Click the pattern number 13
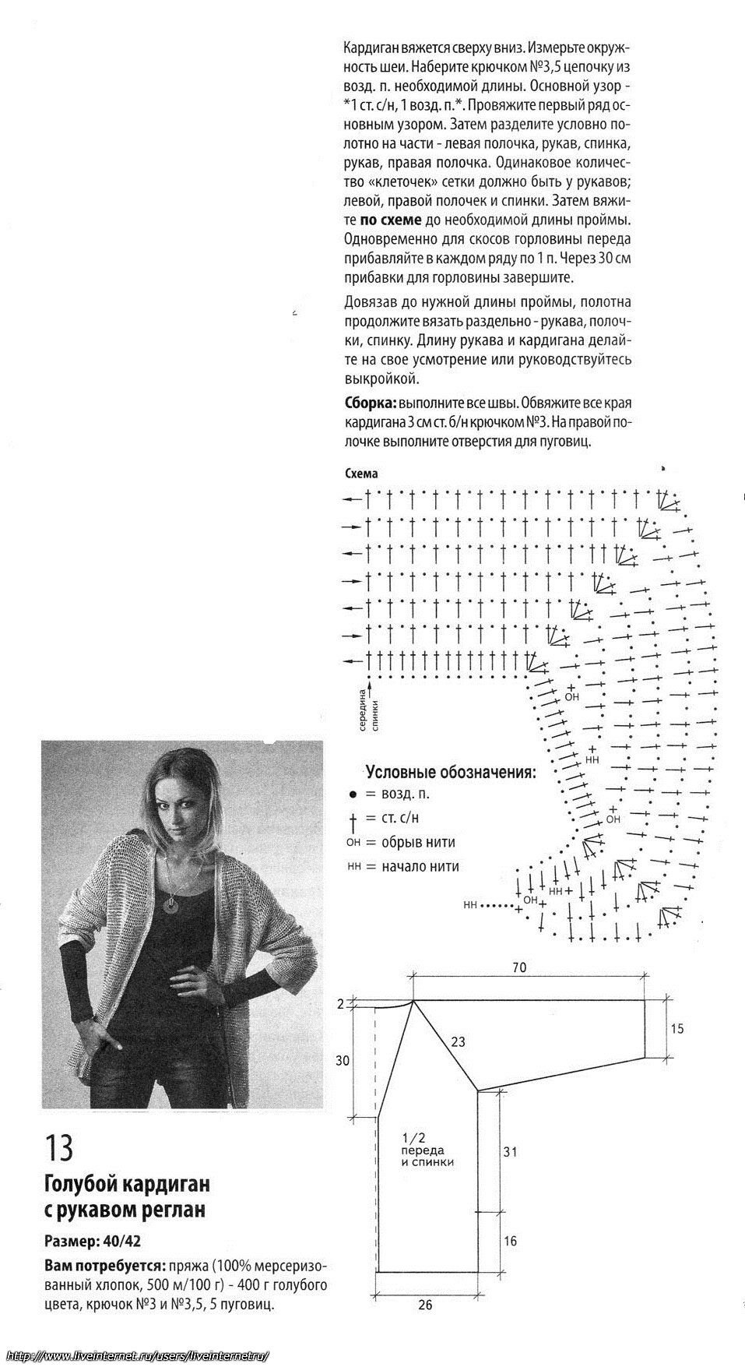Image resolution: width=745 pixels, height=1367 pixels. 58,1147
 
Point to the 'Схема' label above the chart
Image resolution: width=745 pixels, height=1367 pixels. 360,474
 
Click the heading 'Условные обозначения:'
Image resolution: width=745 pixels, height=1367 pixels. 451,773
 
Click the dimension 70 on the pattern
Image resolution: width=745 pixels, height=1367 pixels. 519,968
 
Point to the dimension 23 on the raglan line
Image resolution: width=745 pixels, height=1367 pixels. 458,1041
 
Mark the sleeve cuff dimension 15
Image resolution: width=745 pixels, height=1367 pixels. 676,1029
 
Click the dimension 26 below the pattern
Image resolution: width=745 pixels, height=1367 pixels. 425,1305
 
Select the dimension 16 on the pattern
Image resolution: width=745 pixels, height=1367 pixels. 510,1242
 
